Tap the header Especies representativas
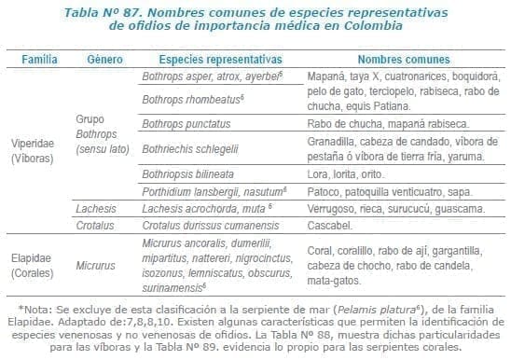[x=214, y=58]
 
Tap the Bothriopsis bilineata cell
[x=185, y=174]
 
